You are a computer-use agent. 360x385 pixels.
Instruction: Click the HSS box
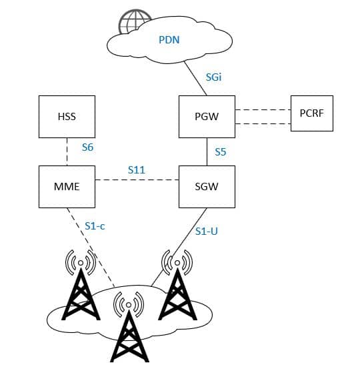point(67,117)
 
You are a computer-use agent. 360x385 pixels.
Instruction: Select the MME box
point(67,187)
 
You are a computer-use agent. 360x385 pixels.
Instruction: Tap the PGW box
point(207,117)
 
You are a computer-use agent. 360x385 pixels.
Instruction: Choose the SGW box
point(207,187)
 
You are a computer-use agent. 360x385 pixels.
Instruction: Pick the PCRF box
point(311,113)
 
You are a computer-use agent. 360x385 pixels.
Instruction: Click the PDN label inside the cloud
point(169,40)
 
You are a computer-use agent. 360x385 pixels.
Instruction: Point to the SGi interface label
point(214,77)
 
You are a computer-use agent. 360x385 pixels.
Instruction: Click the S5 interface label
point(221,152)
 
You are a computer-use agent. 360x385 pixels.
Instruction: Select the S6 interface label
point(87,147)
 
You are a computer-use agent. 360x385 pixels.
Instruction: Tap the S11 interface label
point(137,170)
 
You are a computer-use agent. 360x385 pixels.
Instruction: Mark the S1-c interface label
point(95,226)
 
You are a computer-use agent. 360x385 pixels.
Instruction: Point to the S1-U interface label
point(207,232)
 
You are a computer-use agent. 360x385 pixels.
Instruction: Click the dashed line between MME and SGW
point(137,180)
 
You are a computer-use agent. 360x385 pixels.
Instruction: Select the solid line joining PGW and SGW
point(207,151)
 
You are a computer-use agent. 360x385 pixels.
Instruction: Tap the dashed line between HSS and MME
point(67,151)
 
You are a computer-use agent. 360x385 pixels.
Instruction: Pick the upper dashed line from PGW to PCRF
point(263,109)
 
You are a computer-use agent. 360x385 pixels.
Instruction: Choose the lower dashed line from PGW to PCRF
point(263,123)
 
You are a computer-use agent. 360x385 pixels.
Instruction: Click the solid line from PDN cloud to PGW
point(195,78)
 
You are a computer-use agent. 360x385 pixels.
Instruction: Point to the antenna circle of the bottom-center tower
point(129,305)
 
